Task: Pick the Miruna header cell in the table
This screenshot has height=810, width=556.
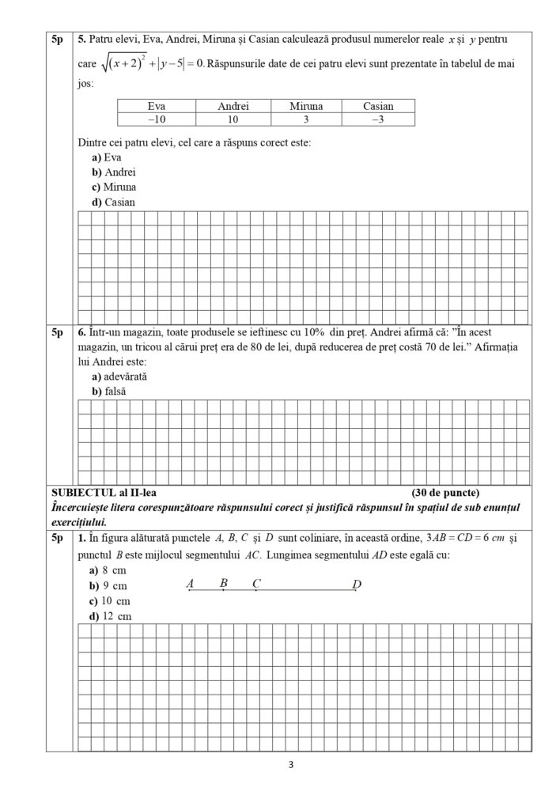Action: [x=305, y=106]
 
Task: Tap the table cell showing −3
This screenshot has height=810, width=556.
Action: [x=378, y=119]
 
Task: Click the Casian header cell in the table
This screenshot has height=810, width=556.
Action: [x=378, y=106]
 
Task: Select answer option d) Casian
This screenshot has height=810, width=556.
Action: [x=114, y=202]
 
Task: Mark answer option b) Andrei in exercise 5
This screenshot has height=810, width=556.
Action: [x=114, y=172]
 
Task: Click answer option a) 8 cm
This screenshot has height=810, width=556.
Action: [x=108, y=570]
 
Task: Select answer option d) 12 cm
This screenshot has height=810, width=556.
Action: [x=111, y=615]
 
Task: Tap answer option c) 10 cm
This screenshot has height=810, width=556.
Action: [x=111, y=600]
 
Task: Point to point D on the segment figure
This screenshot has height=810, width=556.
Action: [x=356, y=585]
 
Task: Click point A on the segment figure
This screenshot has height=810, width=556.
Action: [x=190, y=585]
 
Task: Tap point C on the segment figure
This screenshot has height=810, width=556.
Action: [x=256, y=585]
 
